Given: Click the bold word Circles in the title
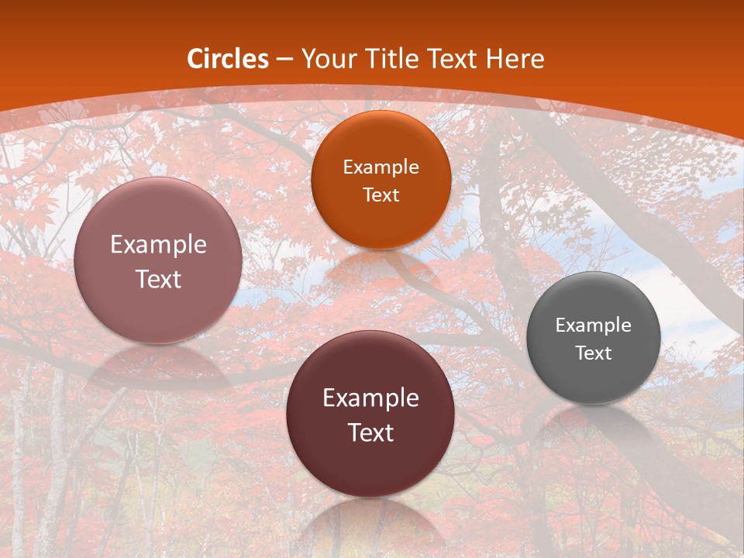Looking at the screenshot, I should tap(228, 59).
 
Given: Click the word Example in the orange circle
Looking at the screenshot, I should tap(381, 167).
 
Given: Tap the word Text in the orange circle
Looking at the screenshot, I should tap(381, 195).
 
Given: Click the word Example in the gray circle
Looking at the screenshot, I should tap(594, 325).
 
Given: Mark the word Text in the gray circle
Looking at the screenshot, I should tap(594, 353).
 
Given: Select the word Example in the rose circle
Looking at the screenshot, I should tap(158, 245).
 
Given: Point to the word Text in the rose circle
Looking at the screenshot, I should tap(158, 279).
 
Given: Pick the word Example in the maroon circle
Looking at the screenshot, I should tap(370, 398).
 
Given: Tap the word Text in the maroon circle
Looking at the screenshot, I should tap(370, 432).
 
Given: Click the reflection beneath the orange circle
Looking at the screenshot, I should tap(381, 267).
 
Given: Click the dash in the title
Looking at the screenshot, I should tap(284, 59).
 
